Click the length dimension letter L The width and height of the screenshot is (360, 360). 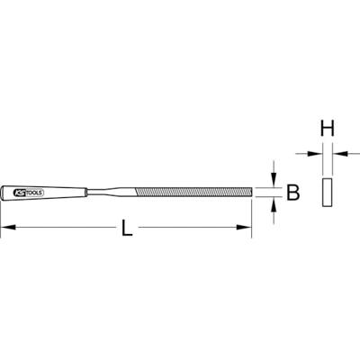tap(127, 229)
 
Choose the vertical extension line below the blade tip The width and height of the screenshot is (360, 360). tap(251, 216)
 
